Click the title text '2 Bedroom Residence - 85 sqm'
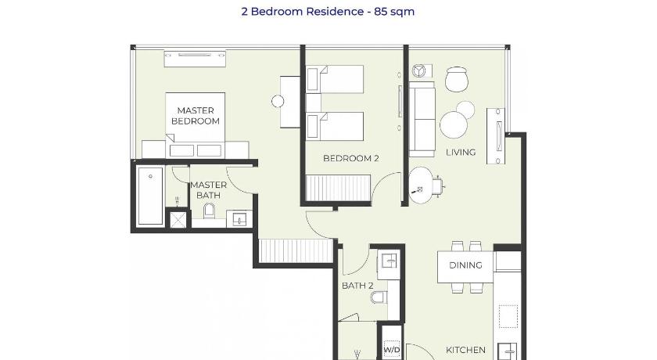[x=328, y=11]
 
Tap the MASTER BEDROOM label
[x=196, y=116]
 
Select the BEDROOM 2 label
[x=350, y=158]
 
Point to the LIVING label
[x=461, y=152]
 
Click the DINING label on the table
[x=465, y=265]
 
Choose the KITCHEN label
[x=465, y=350]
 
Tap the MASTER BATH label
[x=208, y=190]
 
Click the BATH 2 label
[x=357, y=286]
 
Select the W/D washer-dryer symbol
[x=391, y=349]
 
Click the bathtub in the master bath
[x=150, y=196]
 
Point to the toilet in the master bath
[x=209, y=211]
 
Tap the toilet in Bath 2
[x=379, y=297]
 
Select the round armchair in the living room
[x=456, y=79]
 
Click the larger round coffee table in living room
[x=454, y=125]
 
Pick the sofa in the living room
[x=422, y=119]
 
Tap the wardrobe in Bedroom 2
[x=339, y=188]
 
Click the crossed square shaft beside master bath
[x=178, y=219]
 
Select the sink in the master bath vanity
[x=239, y=219]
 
